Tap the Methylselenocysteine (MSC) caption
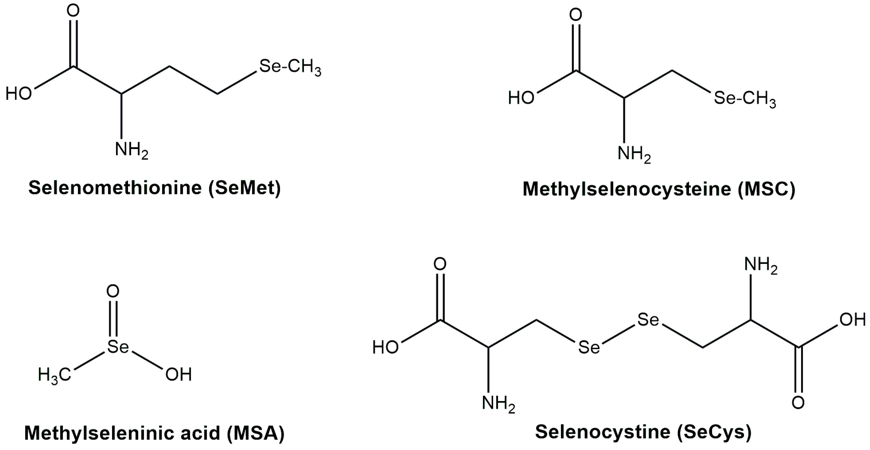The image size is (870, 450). click(659, 189)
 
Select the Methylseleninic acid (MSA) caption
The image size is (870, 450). click(154, 433)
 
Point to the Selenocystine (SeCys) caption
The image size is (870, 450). click(644, 432)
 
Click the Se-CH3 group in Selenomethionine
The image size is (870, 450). click(290, 67)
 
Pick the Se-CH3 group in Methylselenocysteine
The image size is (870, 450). click(745, 99)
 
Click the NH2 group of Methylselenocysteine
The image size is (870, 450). click(634, 154)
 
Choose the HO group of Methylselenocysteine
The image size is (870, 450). click(521, 98)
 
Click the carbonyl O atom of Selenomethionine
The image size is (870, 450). click(73, 10)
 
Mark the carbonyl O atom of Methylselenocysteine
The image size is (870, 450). click(575, 15)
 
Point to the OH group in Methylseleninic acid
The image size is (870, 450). click(178, 375)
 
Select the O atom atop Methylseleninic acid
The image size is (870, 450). click(113, 291)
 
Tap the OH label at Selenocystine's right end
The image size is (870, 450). click(853, 320)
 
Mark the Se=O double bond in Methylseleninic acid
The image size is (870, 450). click(113, 319)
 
